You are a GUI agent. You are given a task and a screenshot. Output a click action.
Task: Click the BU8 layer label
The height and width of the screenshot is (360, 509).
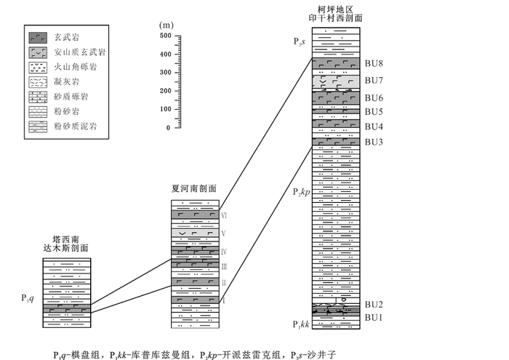pos(373,64)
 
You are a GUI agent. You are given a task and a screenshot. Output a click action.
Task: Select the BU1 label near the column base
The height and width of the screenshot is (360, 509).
pos(373,317)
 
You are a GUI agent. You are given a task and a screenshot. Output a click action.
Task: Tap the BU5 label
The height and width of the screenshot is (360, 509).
pos(373,112)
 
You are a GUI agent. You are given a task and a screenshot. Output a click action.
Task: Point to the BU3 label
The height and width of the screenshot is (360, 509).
pos(373,141)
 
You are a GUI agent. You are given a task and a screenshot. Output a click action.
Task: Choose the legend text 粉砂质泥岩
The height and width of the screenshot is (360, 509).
pos(76,127)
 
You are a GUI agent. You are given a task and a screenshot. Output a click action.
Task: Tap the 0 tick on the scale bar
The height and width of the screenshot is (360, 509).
pos(168,128)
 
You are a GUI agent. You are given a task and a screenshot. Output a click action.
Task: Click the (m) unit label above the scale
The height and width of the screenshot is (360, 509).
pos(167,24)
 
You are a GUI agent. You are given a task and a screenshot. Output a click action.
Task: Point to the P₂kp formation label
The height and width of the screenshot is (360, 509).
pos(302,192)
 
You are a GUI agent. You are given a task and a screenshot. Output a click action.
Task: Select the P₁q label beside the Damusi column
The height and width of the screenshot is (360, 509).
pos(27,297)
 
